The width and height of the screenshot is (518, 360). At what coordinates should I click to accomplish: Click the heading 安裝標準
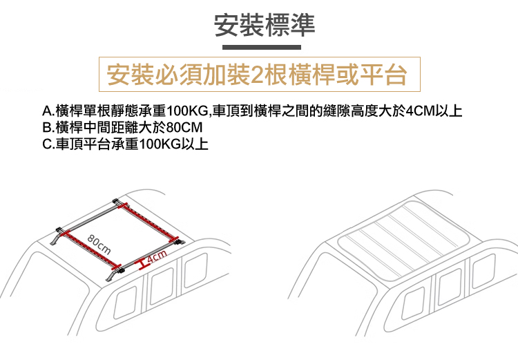pos(265,25)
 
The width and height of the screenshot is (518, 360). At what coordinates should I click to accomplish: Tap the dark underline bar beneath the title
pos(262,47)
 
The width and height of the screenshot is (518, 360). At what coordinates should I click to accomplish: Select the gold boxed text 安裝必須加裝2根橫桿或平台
pos(257,75)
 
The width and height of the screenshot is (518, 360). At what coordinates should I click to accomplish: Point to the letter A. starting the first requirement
pos(48,111)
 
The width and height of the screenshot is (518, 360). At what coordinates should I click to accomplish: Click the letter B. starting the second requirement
pos(48,128)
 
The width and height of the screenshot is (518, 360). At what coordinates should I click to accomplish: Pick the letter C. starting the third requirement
pos(48,144)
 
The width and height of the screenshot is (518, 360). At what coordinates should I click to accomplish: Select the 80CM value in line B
pos(184,128)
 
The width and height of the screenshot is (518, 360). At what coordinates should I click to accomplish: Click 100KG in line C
pos(160,144)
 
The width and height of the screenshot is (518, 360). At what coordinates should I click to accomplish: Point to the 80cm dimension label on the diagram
pos(99,245)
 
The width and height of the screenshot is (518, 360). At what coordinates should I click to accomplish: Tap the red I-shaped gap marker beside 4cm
pos(142,263)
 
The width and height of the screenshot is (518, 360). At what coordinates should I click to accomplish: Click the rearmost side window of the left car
pos(195,270)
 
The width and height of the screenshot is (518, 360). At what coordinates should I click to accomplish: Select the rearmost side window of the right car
pos(484,271)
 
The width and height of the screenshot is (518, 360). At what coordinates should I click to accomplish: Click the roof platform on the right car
pos(403,240)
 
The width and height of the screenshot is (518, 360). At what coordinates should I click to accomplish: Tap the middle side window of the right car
pos(450,286)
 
